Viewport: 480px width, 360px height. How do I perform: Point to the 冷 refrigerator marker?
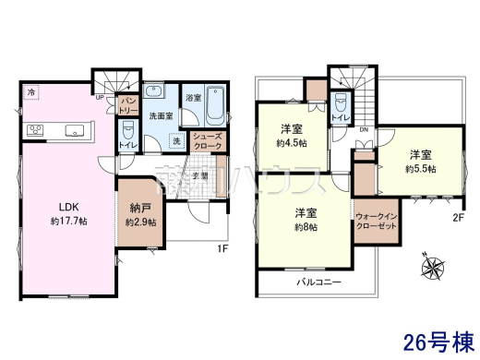click(31, 92)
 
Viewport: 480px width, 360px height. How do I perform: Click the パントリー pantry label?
click(128, 103)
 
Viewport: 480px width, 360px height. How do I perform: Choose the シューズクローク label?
click(207, 142)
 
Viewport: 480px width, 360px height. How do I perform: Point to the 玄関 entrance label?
click(210, 175)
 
